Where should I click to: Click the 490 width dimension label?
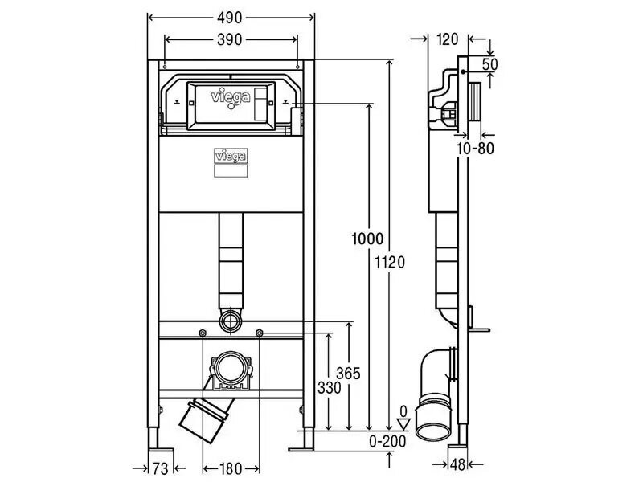click(x=230, y=18)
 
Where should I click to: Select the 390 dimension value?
click(x=230, y=39)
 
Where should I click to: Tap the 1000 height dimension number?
click(x=367, y=239)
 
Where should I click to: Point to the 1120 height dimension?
click(x=390, y=262)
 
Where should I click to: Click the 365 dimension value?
click(x=348, y=374)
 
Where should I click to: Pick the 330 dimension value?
click(x=330, y=387)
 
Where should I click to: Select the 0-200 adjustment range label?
click(x=387, y=441)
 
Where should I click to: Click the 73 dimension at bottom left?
click(x=160, y=468)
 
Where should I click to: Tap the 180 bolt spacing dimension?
click(x=231, y=468)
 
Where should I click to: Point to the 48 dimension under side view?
click(x=458, y=464)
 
